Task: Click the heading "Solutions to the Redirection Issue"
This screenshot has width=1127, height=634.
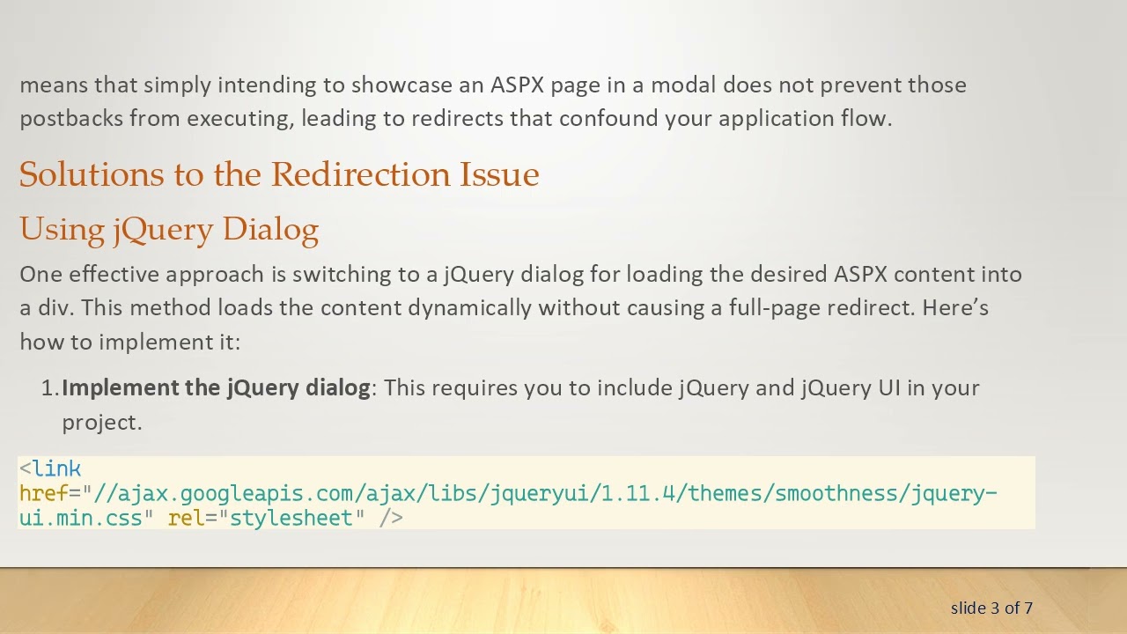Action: [x=279, y=174]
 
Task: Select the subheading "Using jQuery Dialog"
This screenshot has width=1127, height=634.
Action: [x=169, y=229]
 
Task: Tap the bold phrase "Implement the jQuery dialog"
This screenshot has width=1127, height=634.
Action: [x=216, y=388]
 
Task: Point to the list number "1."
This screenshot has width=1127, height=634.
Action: [x=50, y=388]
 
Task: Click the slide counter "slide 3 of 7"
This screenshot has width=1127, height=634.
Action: [x=991, y=608]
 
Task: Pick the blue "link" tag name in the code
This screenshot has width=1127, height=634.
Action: [x=57, y=469]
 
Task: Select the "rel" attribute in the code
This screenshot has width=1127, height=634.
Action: [x=186, y=519]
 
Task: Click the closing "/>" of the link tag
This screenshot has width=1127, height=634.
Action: [x=391, y=519]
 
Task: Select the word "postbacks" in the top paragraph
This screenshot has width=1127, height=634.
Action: [x=71, y=119]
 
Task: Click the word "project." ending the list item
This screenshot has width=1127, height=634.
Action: [x=102, y=422]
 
